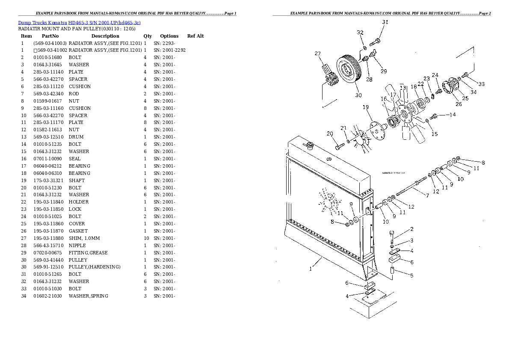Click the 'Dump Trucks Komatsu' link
(x=42, y=23)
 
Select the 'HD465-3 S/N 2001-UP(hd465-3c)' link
(x=104, y=23)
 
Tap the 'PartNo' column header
(x=50, y=36)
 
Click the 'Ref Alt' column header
(x=195, y=36)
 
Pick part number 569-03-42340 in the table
(x=48, y=94)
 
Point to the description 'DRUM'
(x=76, y=137)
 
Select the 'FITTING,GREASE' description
(x=88, y=253)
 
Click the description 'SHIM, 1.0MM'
(x=84, y=238)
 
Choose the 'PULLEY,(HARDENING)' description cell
(x=95, y=267)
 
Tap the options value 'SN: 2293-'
(x=164, y=43)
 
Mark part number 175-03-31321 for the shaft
(x=48, y=180)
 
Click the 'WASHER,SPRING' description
(x=88, y=296)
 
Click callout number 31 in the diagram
(x=385, y=22)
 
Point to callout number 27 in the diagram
(x=317, y=53)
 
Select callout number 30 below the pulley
(x=358, y=95)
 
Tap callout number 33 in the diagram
(x=481, y=84)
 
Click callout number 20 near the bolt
(x=330, y=133)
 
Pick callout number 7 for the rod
(x=428, y=195)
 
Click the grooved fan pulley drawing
(x=348, y=71)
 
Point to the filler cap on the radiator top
(x=310, y=145)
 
